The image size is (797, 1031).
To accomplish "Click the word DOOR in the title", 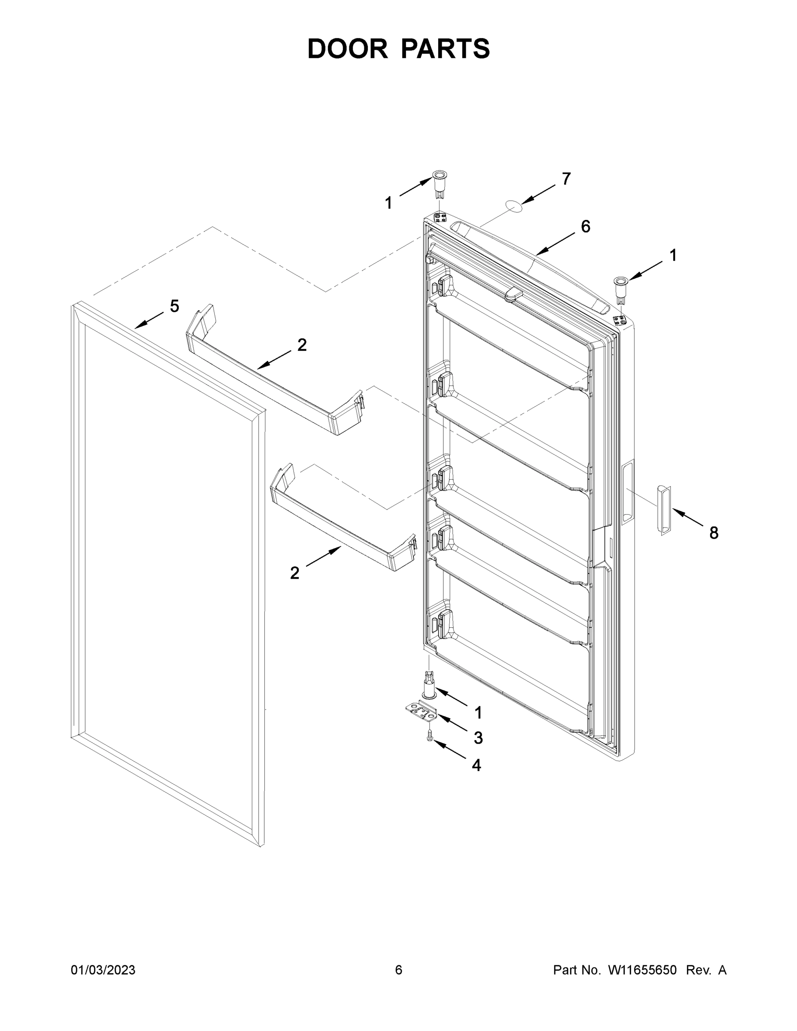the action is coord(347,49).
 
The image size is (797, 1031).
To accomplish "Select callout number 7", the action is coord(566,179).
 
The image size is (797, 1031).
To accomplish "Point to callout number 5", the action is coord(174,306).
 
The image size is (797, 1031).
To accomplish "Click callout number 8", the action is coord(713,533).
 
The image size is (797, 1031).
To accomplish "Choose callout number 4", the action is coord(476,765).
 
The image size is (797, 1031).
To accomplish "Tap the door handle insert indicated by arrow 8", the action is coord(663,510).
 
